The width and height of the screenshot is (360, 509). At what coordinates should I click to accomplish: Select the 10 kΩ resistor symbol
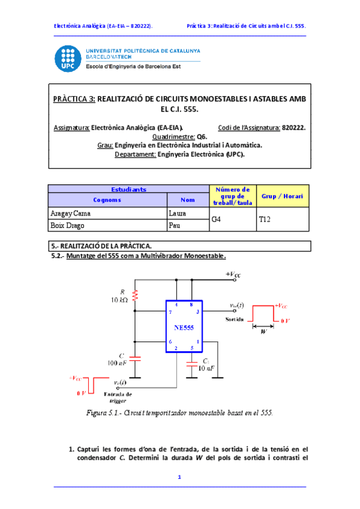[136, 295]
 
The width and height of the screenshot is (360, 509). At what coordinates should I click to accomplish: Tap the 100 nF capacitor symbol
[136, 358]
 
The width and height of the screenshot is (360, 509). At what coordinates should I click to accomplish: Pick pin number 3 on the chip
[197, 313]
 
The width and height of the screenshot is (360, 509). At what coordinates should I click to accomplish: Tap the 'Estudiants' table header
[128, 188]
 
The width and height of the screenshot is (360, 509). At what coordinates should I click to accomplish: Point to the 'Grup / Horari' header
[281, 196]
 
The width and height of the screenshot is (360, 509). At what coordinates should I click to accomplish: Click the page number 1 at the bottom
[179, 477]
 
